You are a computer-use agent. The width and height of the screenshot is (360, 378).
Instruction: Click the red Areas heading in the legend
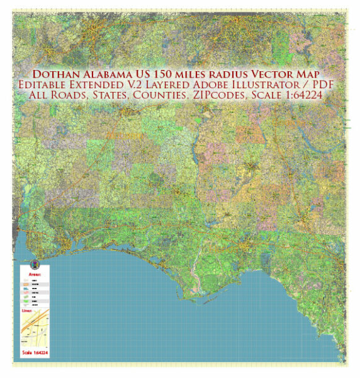pyautogui.click(x=35, y=275)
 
